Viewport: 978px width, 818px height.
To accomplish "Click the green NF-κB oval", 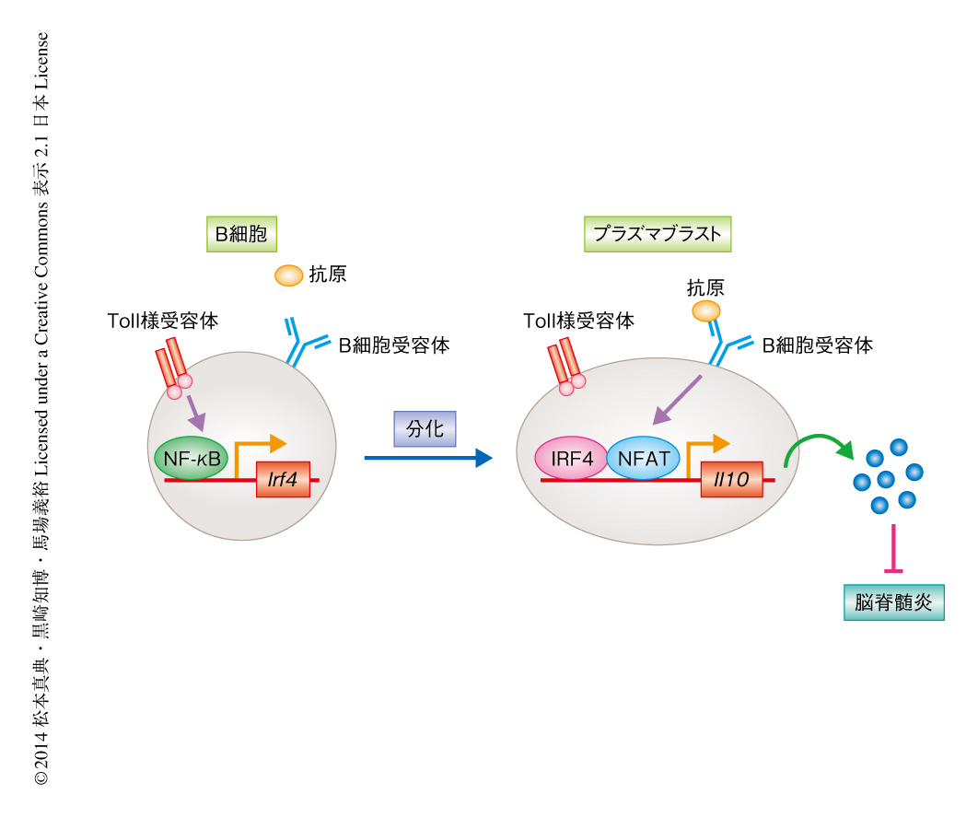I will click(191, 458).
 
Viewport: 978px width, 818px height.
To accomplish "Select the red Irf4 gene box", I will click(283, 479).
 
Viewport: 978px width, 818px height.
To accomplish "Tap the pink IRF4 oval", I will click(571, 458).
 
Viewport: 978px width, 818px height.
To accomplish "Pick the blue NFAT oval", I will click(644, 458).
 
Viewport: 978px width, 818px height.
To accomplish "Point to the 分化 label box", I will click(425, 428).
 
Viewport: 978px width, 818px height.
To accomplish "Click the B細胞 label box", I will click(241, 235).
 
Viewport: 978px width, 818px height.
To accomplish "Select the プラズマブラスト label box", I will click(658, 234).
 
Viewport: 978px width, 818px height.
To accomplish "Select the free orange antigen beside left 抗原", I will click(288, 275).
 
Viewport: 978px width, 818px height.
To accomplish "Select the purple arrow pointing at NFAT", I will click(677, 399).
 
